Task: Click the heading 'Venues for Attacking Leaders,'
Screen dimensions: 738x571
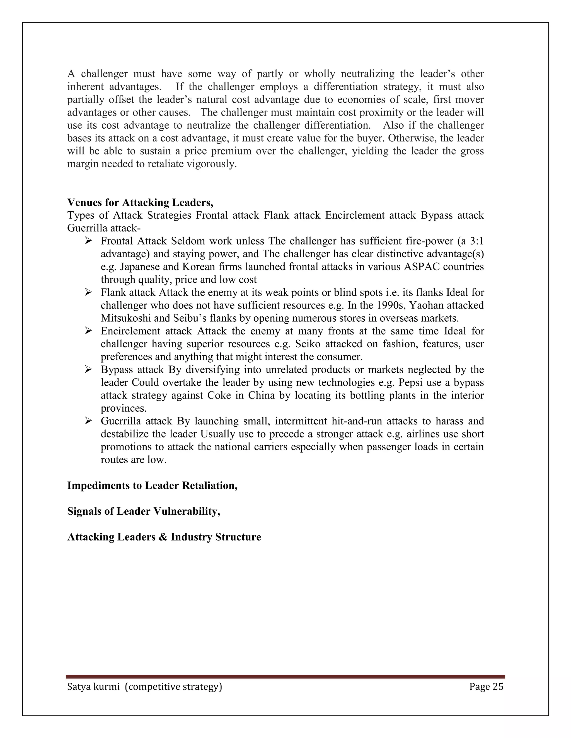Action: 140,203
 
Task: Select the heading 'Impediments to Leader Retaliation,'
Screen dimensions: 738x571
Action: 152,486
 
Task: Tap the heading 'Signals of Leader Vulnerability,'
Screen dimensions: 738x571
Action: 143,511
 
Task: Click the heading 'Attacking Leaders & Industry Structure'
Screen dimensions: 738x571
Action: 164,537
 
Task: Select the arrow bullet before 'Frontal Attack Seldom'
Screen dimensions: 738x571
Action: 89,241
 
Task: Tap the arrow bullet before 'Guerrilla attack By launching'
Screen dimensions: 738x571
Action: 89,421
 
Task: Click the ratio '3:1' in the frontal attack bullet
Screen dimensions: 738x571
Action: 477,241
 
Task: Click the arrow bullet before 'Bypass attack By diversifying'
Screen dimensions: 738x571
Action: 89,370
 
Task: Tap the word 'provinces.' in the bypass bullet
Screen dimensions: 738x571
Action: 124,408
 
